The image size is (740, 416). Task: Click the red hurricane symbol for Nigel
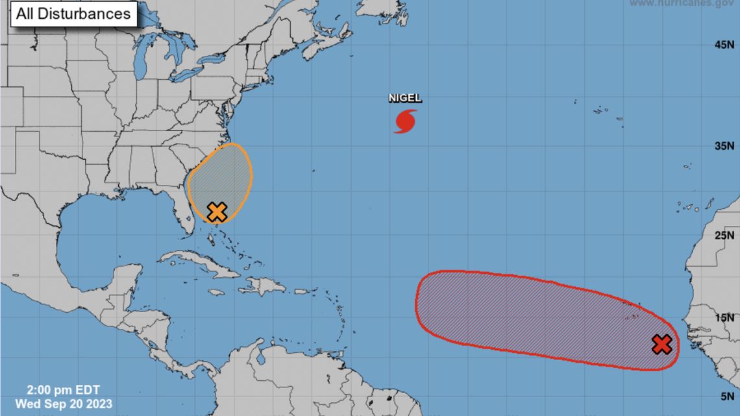coord(405,121)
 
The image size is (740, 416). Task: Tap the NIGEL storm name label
coord(405,99)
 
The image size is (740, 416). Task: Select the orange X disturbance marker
coord(217,212)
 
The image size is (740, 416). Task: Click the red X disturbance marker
coord(661,345)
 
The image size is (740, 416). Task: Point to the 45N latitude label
coord(724,45)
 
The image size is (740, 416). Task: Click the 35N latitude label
coord(724,145)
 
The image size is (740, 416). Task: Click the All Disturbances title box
coord(73,14)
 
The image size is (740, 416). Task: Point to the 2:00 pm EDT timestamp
coord(64,390)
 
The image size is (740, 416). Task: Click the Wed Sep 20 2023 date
coord(64,404)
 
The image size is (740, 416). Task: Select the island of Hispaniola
coord(266,286)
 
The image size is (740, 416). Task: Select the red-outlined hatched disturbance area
coord(532,318)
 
